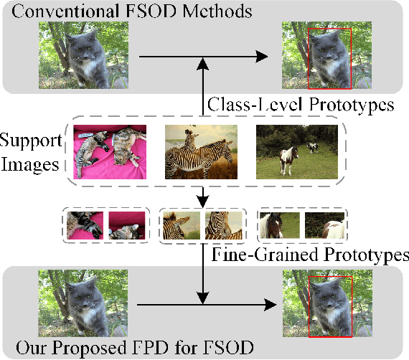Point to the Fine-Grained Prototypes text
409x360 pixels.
[x=310, y=254]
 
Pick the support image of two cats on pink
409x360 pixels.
[x=110, y=152]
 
